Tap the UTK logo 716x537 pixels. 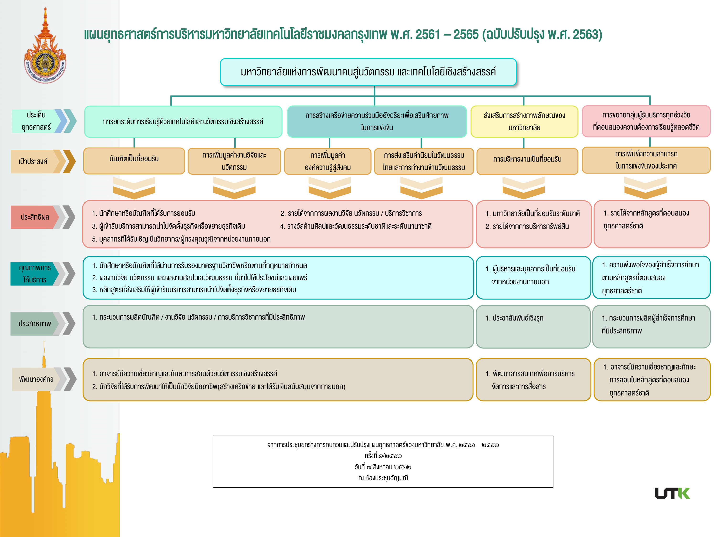click(x=672, y=493)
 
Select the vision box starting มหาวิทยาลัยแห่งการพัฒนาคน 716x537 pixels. click(x=368, y=72)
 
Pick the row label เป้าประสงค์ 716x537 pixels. click(x=34, y=161)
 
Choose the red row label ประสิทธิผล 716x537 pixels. click(x=35, y=217)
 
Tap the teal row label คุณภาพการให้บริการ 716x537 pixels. click(x=35, y=274)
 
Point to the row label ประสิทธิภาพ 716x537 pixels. click(x=35, y=324)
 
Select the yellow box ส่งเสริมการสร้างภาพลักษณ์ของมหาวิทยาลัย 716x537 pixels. click(x=524, y=121)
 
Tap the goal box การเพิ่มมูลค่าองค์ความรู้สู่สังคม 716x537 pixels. click(x=328, y=161)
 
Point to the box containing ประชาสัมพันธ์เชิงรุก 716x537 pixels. click(x=533, y=326)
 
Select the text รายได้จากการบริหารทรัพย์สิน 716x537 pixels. click(x=531, y=226)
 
